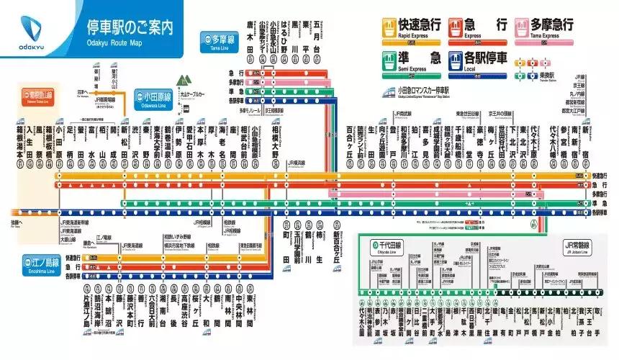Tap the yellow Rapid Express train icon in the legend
click(x=389, y=27)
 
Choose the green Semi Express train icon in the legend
click(x=389, y=60)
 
